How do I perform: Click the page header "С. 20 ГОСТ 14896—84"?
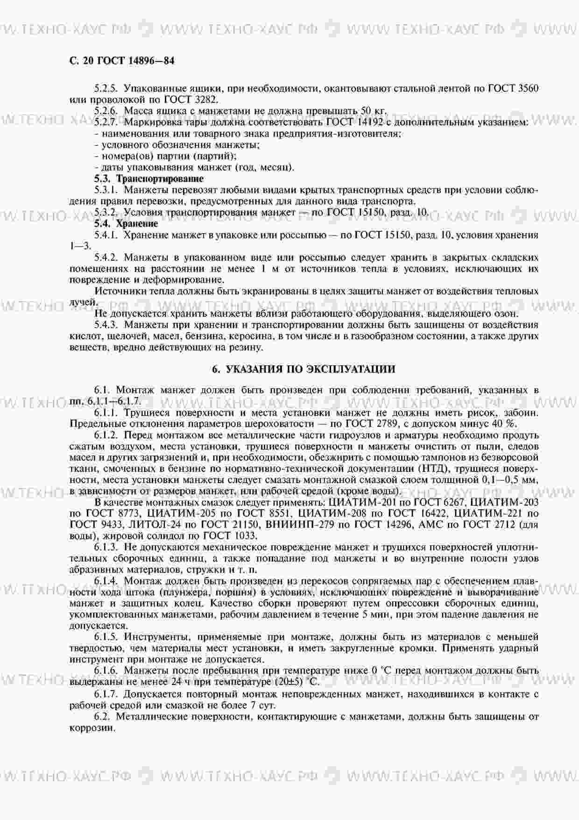121,61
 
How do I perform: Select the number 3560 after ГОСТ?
529,88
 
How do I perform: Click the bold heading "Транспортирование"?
160,179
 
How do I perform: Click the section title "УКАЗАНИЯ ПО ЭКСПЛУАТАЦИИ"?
311,370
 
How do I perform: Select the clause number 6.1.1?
107,413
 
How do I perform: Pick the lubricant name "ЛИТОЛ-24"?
136,525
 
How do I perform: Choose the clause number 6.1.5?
107,637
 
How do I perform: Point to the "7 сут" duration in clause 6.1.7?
262,705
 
